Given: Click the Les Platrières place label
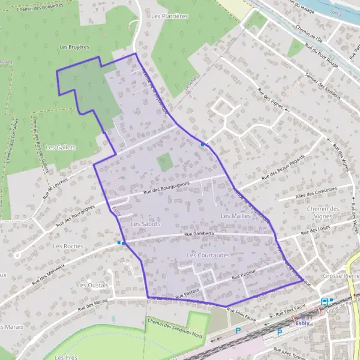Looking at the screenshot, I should point(170,16).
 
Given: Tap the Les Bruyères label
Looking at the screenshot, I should point(75,46).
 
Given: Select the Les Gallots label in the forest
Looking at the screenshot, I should point(61,147).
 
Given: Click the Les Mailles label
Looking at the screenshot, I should point(235,215).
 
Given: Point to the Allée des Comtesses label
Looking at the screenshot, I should point(317,193).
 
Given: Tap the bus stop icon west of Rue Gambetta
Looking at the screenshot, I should point(120,242).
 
